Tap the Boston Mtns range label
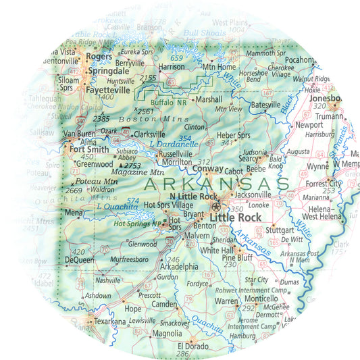pyautogui.click(x=139, y=120)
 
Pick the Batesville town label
pyautogui.click(x=265, y=105)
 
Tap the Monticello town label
pyautogui.click(x=263, y=298)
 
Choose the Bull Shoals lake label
pyautogui.click(x=206, y=32)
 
